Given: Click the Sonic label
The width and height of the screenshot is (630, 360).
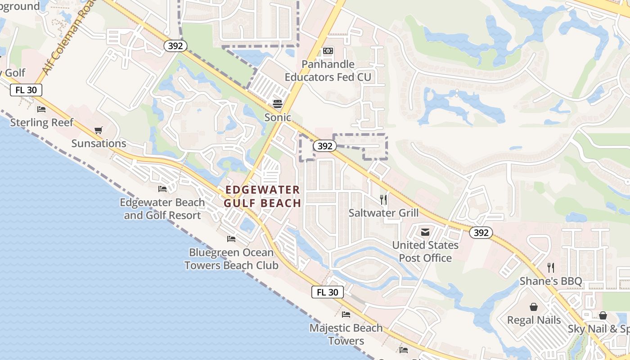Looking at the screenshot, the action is coord(278,117).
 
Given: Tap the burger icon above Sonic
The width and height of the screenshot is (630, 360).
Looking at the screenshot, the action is coord(278,104).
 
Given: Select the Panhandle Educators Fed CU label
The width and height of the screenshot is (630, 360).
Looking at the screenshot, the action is coord(328,71).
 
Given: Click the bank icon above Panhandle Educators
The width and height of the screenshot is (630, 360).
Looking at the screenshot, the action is coord(328,51).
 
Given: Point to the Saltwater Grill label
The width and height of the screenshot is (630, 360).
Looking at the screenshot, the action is coord(383,213).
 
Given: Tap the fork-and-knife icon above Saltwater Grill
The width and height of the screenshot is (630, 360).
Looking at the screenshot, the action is coord(383,199).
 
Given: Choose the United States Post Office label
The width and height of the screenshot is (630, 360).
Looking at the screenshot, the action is coord(425,252).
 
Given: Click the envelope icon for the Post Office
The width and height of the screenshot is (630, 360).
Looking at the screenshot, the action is coord(425,232).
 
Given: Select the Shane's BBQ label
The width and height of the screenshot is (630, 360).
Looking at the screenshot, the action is coord(551,281).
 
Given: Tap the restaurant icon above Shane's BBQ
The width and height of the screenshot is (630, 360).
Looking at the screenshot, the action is coord(551,268).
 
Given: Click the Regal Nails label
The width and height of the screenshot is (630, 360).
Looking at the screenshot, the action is coord(534,320).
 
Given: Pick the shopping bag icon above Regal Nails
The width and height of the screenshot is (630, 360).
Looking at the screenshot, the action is coord(534,307).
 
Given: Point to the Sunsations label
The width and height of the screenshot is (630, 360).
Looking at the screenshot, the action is coord(99,144).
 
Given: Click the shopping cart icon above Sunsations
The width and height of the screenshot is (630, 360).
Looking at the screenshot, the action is coord(99,130).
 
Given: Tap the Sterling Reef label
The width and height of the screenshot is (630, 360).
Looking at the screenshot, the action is coord(41,122).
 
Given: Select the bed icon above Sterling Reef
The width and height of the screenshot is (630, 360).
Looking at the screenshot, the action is coord(41,109).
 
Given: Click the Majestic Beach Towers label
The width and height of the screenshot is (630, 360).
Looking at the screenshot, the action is coord(346,334).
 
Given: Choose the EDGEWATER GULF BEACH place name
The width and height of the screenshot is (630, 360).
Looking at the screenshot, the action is coord(262,196).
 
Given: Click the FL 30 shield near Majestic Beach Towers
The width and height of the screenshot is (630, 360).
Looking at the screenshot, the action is coord(328,292).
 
